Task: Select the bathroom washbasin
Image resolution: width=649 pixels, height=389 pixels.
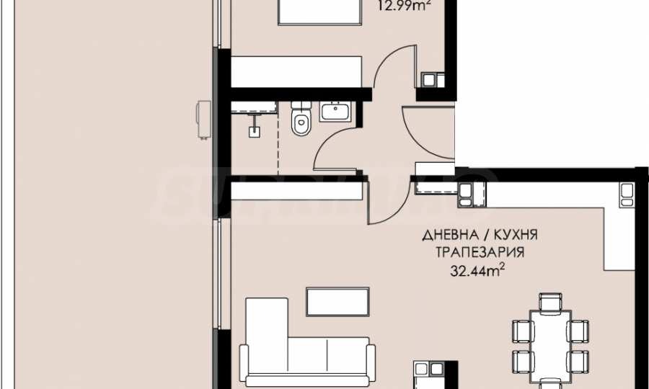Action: coord(335,112)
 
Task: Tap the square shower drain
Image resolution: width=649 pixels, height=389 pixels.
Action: coord(253,132)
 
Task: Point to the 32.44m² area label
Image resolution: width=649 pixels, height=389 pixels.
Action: coord(476,271)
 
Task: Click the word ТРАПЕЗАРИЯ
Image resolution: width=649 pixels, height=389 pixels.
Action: coord(479,253)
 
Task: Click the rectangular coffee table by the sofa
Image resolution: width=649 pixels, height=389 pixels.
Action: coord(338,301)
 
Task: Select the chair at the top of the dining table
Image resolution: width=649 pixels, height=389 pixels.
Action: coord(550,303)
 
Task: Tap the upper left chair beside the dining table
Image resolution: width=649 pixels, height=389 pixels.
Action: coord(521,331)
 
